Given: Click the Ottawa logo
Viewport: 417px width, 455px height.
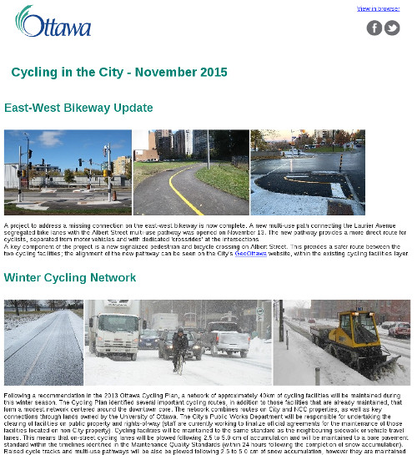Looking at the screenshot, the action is click(x=53, y=23).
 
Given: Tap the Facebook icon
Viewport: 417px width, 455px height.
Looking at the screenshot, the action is click(x=374, y=28).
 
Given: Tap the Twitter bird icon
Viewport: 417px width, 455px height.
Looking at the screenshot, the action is click(x=392, y=28).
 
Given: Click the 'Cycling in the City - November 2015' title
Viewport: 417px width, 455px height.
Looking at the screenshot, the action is click(x=119, y=73).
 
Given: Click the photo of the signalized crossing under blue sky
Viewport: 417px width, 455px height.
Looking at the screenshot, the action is click(x=68, y=172).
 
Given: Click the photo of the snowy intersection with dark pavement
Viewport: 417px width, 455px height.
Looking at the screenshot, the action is click(x=307, y=172).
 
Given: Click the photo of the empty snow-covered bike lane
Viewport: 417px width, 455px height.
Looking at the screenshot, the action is click(x=43, y=342).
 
